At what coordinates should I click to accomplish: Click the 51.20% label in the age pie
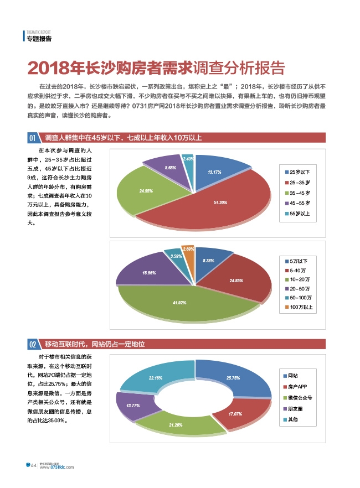click(220, 203)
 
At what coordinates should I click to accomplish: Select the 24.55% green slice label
click(146, 191)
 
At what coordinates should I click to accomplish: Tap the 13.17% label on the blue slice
click(214, 172)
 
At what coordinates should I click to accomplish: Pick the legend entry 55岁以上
click(299, 213)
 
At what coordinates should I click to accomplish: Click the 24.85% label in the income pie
click(236, 281)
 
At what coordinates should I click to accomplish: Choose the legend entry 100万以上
click(301, 307)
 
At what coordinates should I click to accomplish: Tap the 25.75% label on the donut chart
click(233, 378)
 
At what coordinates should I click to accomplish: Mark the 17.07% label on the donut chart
click(235, 414)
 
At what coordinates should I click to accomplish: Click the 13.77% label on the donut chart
click(133, 406)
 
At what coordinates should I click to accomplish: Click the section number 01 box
click(33, 137)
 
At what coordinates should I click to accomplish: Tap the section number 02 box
click(33, 344)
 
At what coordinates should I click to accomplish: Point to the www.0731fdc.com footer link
click(58, 468)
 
